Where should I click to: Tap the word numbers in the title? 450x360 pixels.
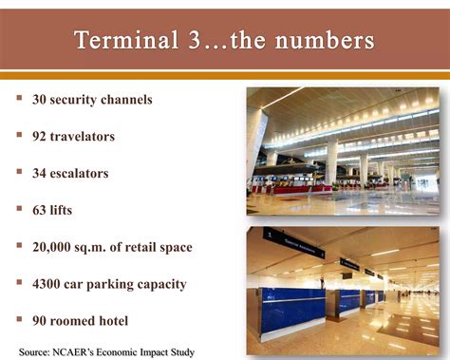[x=327, y=41]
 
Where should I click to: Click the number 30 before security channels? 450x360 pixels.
[x=41, y=99]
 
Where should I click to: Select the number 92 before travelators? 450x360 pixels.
[x=41, y=136]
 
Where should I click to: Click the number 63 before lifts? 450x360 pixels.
[x=41, y=210]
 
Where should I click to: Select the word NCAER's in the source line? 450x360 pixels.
[x=88, y=352]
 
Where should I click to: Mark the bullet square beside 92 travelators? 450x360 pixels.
[x=19, y=135]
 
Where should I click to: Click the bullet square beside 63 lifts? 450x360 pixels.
[x=19, y=209]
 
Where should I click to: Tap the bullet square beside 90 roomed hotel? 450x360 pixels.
[x=19, y=320]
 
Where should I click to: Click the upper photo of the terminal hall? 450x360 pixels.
[x=343, y=152]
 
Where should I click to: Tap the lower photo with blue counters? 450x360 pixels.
[x=343, y=290]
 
